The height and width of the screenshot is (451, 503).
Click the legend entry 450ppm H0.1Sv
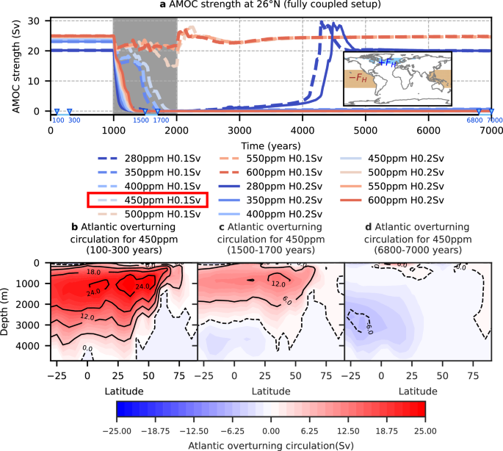coord(148,198)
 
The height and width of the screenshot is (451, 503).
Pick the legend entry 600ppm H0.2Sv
coord(401,198)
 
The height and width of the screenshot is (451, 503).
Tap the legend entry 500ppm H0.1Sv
coord(148,212)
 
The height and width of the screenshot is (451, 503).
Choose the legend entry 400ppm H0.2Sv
coord(275,212)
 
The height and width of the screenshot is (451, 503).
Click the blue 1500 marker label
coord(144,120)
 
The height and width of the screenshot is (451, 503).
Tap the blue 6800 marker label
coord(476,120)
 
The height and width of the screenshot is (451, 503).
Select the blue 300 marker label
coord(73,120)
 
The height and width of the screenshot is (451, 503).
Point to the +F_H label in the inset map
coord(387,63)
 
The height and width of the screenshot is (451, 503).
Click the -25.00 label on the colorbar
coord(117,430)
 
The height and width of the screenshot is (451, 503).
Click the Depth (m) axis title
coord(7,311)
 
